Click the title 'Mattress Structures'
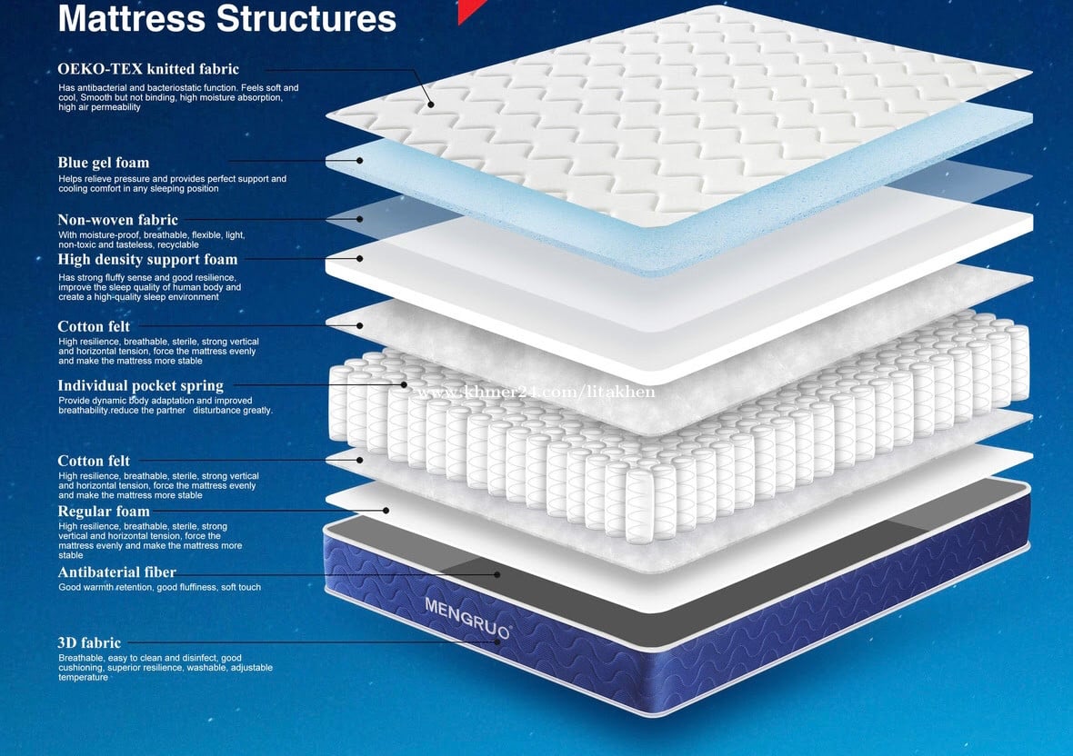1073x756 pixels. (227, 18)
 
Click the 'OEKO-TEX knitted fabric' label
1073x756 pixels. (148, 69)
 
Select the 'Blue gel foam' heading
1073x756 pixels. (104, 163)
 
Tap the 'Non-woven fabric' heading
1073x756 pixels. (117, 220)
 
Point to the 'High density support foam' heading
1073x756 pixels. (147, 260)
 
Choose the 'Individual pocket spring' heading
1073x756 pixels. (140, 386)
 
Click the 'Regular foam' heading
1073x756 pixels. (104, 512)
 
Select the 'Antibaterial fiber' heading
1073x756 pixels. (116, 572)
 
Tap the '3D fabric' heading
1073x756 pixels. (89, 643)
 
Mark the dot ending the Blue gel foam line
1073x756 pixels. (360, 161)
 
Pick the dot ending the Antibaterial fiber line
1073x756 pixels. (497, 574)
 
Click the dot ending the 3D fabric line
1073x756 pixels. (497, 642)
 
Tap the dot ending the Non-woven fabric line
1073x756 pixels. (360, 219)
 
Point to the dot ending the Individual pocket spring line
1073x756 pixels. (404, 384)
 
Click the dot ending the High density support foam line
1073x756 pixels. (360, 258)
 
